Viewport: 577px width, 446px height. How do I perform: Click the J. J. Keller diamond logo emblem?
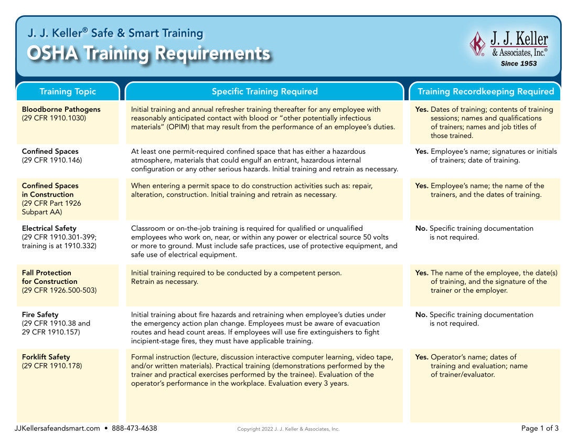click(x=477, y=44)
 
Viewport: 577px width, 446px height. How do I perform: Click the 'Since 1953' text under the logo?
click(x=519, y=63)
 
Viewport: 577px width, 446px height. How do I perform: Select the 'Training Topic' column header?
click(x=68, y=91)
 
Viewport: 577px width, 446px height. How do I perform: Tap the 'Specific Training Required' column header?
click(x=264, y=91)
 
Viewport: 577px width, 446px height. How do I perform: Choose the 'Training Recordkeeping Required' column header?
click(x=485, y=91)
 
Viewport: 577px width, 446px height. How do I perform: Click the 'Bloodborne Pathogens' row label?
click(x=61, y=109)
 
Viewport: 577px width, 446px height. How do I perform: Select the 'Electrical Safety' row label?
click(x=49, y=228)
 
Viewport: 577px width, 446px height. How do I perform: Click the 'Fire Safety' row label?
click(x=40, y=315)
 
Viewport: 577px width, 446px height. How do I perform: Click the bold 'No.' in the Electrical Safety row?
click(x=421, y=228)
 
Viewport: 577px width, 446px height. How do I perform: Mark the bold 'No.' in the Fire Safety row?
click(x=421, y=315)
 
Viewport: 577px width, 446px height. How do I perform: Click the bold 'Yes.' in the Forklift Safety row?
click(x=422, y=357)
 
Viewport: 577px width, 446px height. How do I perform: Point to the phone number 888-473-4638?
click(x=134, y=428)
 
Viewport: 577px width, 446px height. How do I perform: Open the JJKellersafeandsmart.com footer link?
click(x=57, y=428)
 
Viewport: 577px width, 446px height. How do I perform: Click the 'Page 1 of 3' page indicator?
click(x=540, y=428)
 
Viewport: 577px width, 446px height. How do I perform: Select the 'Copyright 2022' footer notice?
click(x=288, y=429)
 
